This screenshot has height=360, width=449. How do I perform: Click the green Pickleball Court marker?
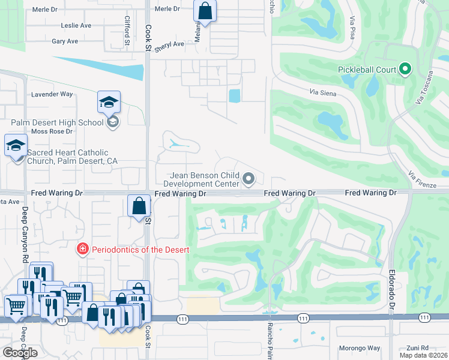click(x=405, y=70)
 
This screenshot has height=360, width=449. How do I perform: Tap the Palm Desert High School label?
click(x=57, y=122)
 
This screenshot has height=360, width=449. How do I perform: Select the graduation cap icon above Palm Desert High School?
click(x=109, y=102)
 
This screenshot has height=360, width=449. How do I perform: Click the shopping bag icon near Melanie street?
click(x=205, y=11)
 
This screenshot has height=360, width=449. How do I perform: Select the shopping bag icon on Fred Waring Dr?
click(x=139, y=206)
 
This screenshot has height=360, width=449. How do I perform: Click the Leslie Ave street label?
click(x=76, y=26)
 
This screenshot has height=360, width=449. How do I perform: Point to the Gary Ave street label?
click(x=65, y=41)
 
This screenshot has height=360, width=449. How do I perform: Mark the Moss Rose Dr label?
click(x=52, y=131)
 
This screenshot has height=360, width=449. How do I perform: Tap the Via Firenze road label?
click(x=421, y=177)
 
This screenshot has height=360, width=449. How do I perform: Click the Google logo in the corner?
click(x=20, y=353)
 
